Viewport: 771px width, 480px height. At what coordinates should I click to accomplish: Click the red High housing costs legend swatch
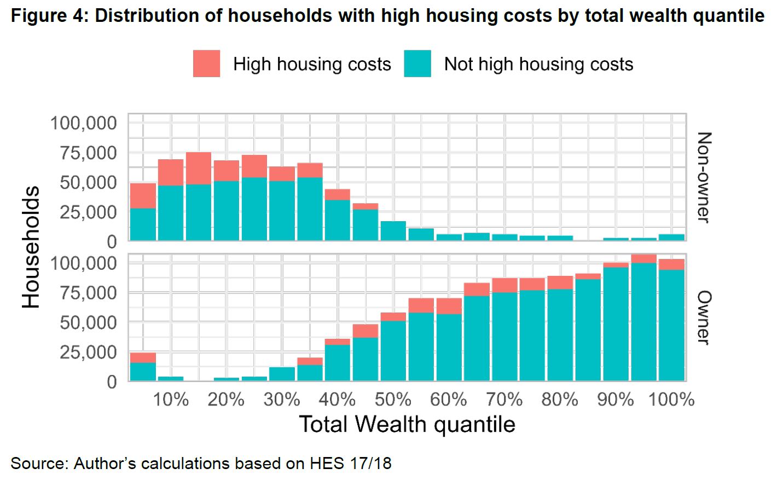click(x=206, y=63)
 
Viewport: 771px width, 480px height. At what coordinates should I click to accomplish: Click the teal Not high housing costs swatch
click(x=418, y=63)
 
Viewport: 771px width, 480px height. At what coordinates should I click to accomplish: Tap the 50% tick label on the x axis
click(x=393, y=400)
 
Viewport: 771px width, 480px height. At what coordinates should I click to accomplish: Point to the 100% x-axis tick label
click(x=671, y=400)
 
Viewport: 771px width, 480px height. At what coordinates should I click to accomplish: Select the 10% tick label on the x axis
click(x=170, y=400)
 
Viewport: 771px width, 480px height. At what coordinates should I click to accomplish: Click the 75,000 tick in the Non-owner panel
click(x=84, y=153)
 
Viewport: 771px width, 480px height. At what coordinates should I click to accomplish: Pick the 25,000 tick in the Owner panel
click(x=84, y=352)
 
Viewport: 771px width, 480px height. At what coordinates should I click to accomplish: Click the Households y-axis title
click(x=31, y=247)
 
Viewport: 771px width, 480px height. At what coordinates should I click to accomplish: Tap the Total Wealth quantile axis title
click(x=407, y=425)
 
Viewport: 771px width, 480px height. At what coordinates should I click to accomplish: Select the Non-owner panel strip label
click(x=704, y=177)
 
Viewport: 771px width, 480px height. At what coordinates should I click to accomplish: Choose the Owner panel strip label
click(x=704, y=317)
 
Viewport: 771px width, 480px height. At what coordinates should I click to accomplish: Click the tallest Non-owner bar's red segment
click(x=198, y=168)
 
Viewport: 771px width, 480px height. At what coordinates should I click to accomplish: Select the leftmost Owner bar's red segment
click(x=143, y=357)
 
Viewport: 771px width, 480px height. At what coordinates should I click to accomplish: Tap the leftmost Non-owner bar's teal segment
click(x=143, y=224)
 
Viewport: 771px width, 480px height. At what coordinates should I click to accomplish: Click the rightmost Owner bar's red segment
click(x=671, y=264)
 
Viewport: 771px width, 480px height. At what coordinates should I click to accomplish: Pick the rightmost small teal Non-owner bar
click(x=671, y=238)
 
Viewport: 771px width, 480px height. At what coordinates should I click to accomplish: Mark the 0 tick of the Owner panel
click(x=112, y=381)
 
